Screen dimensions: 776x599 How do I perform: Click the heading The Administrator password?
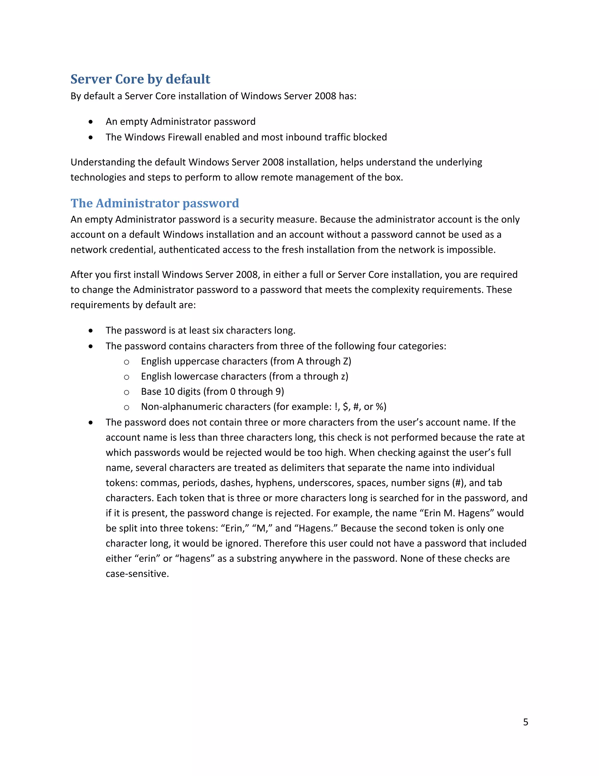[155, 203]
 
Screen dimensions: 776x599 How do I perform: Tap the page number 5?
[526, 722]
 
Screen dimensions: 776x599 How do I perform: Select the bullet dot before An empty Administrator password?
[91, 122]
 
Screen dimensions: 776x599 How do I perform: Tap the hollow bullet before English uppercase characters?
[126, 362]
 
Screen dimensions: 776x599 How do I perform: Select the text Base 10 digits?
[171, 392]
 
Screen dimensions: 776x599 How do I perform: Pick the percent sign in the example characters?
[379, 407]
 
